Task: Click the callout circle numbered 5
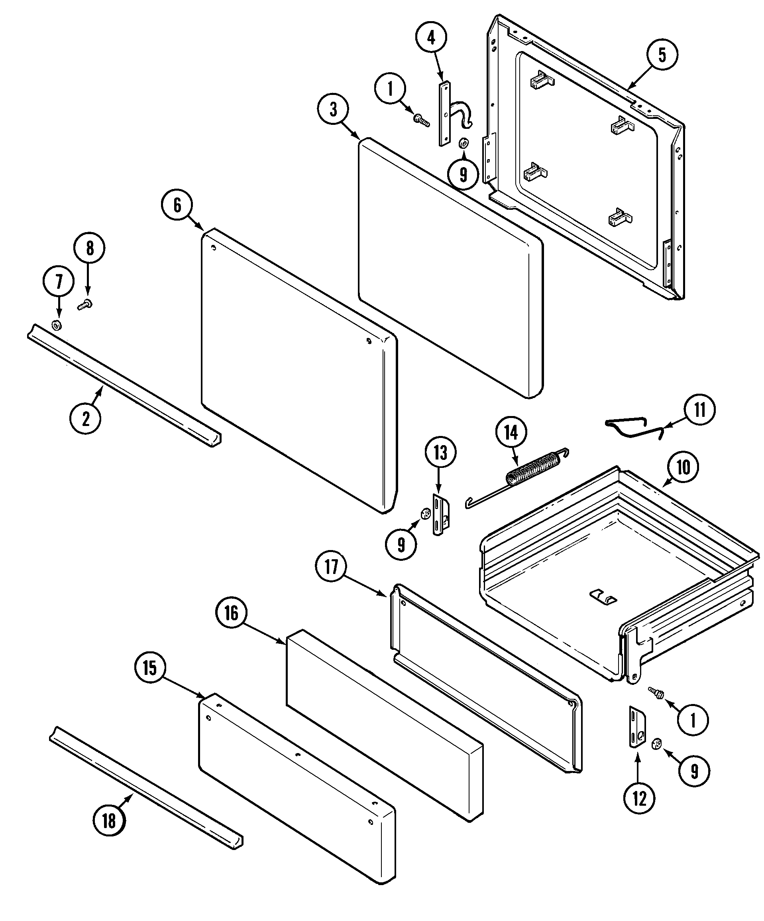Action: pyautogui.click(x=662, y=55)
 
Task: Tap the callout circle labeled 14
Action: pyautogui.click(x=511, y=433)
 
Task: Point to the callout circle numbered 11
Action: pyautogui.click(x=699, y=410)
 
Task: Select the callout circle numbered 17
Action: pyautogui.click(x=331, y=567)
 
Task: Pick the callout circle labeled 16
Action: pyautogui.click(x=232, y=613)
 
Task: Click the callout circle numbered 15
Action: pyautogui.click(x=149, y=669)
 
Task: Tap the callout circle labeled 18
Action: pyautogui.click(x=109, y=820)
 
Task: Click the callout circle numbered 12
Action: pyautogui.click(x=640, y=799)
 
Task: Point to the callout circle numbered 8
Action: pyautogui.click(x=89, y=248)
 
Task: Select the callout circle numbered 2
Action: pyautogui.click(x=85, y=419)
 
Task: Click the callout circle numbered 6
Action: pyautogui.click(x=177, y=205)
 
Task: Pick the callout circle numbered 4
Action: pyautogui.click(x=431, y=38)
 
